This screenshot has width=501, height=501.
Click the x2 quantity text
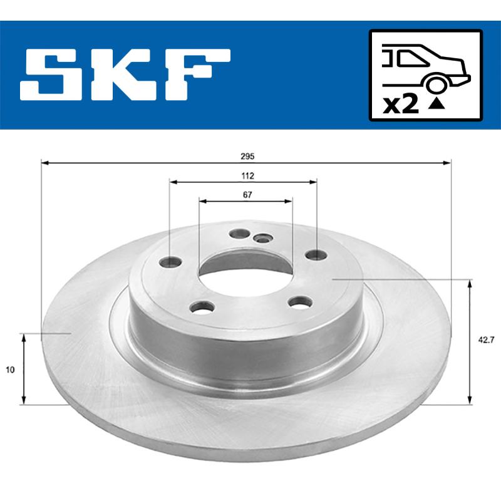[x=400, y=104]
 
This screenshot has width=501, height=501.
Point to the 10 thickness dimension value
[x=9, y=370]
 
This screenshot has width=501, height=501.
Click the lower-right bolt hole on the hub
[x=299, y=302]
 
